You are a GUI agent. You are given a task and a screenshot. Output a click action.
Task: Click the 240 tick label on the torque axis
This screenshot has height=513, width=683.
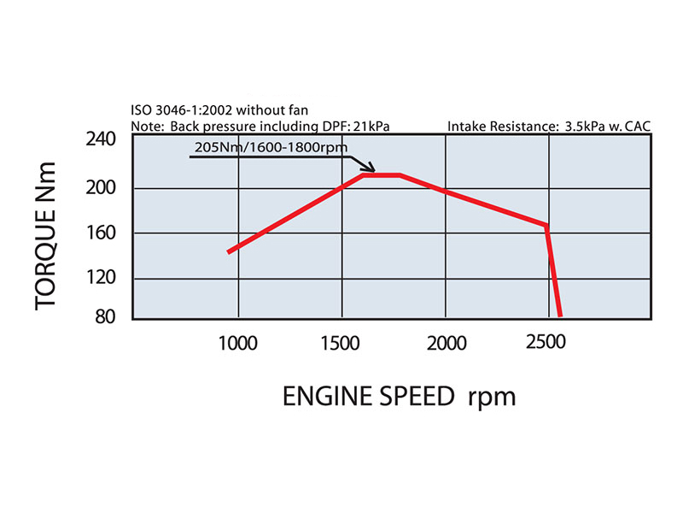[103, 140]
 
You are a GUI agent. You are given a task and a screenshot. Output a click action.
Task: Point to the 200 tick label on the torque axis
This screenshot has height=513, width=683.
[103, 187]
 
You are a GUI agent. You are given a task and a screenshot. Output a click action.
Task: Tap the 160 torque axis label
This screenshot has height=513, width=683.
[103, 232]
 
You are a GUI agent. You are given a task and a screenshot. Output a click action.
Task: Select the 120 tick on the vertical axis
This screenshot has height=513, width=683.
[103, 278]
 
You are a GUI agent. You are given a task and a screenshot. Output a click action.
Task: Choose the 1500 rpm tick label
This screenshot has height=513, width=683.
[341, 344]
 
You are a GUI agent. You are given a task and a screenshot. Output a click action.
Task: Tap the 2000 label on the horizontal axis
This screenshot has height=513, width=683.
[447, 344]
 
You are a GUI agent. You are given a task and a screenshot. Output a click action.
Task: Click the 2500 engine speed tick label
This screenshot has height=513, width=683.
[546, 344]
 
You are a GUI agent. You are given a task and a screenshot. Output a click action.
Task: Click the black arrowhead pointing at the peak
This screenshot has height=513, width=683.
[370, 168]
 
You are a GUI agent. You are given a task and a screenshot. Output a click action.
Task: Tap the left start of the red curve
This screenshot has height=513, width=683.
[229, 251]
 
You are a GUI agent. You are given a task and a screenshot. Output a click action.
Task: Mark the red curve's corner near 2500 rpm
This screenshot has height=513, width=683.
[546, 226]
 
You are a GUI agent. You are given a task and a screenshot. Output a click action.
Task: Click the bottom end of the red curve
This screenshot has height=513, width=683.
[559, 315]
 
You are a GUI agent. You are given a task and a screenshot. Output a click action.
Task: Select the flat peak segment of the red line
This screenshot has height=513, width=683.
[382, 175]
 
